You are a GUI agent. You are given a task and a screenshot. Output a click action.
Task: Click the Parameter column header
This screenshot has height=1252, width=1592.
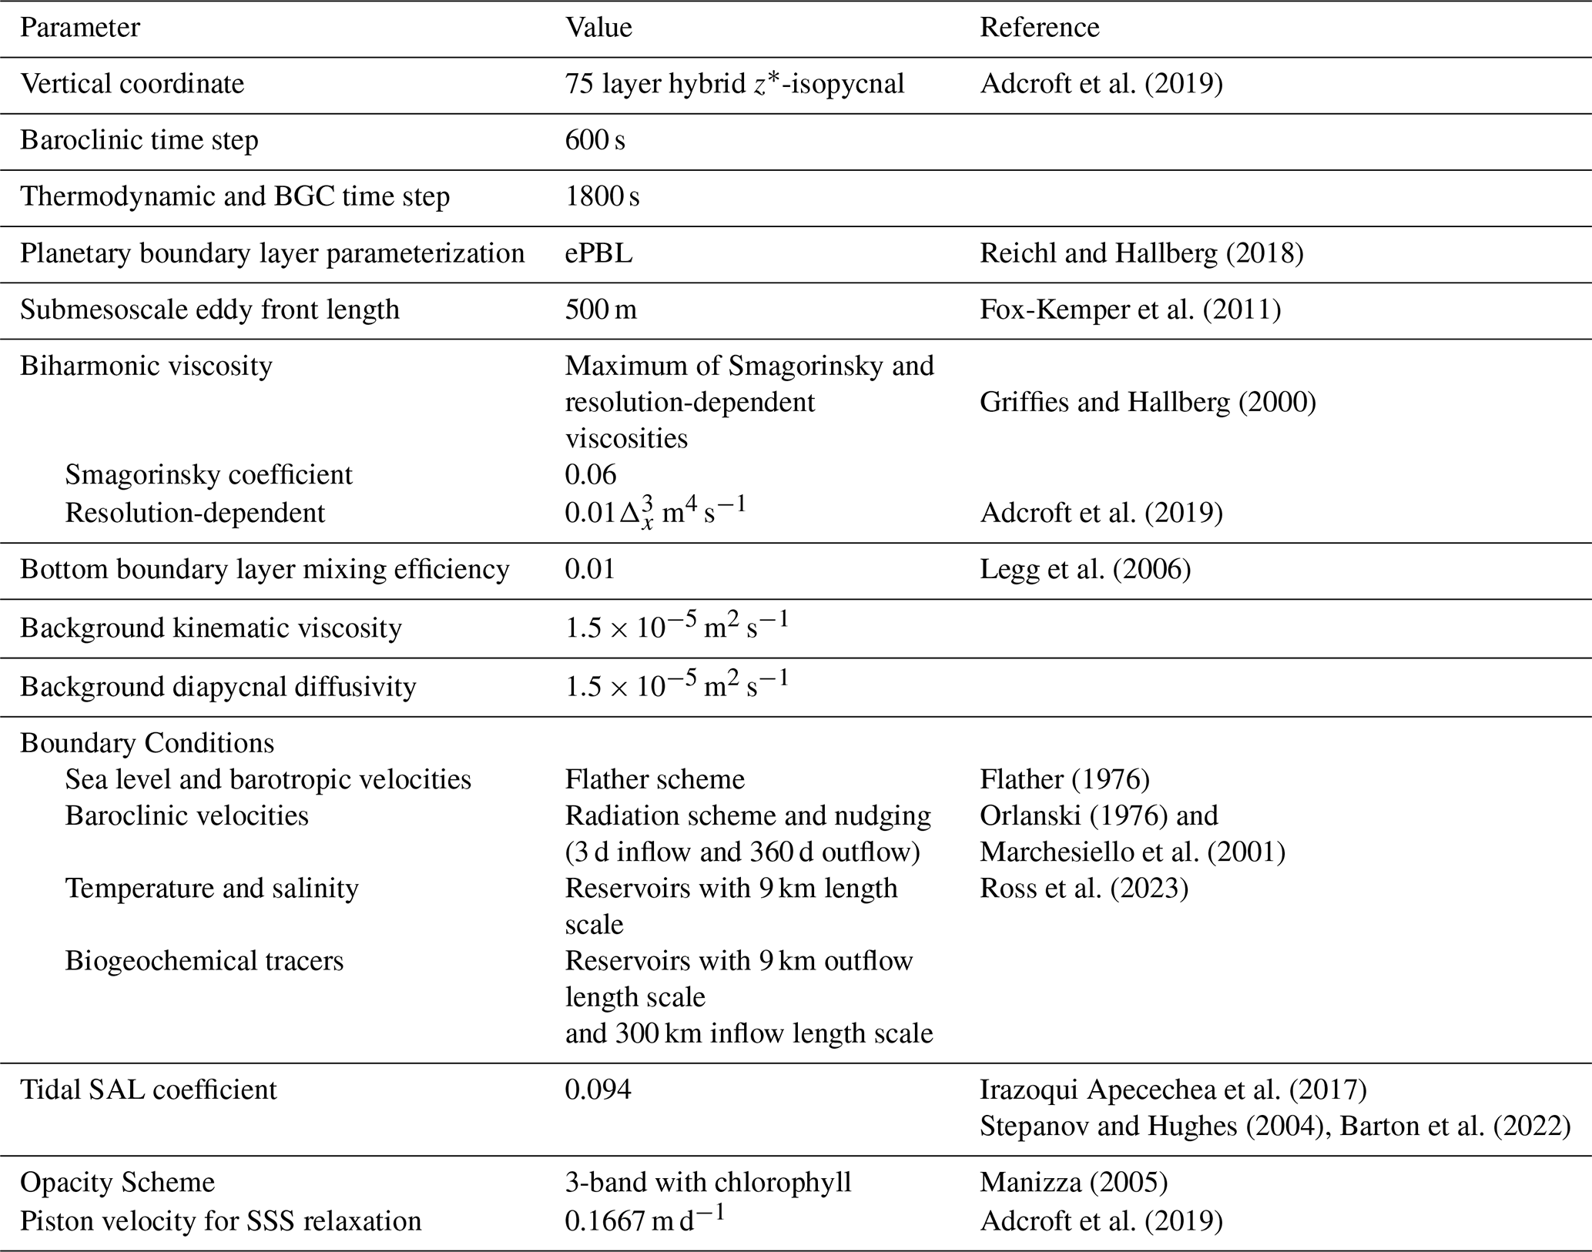click(80, 28)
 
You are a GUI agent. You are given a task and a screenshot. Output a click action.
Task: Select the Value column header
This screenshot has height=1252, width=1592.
click(598, 28)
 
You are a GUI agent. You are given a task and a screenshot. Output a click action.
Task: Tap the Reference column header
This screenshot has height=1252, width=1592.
click(1039, 28)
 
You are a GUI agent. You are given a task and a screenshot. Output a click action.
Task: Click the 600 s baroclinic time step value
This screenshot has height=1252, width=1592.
click(595, 140)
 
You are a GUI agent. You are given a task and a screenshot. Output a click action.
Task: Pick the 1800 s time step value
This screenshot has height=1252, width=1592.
click(602, 196)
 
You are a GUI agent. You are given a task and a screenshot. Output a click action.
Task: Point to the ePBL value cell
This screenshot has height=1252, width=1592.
click(598, 253)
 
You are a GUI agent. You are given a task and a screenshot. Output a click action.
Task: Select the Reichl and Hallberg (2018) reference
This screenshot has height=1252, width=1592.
click(1141, 253)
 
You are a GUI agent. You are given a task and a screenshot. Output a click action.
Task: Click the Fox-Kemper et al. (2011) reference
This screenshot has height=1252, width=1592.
click(1130, 310)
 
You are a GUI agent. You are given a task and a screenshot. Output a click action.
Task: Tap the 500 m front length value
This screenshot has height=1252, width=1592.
click(601, 310)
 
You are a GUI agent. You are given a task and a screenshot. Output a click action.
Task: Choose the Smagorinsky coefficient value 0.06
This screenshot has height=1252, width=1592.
click(591, 474)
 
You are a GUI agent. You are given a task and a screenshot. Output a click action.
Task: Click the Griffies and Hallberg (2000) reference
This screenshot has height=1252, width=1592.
click(1148, 402)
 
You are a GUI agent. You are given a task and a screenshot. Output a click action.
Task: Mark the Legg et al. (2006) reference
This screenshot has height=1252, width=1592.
click(1085, 570)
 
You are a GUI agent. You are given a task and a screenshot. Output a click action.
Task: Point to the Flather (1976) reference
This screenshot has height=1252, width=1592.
click(1064, 779)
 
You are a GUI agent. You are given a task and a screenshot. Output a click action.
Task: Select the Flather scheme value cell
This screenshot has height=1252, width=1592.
click(655, 779)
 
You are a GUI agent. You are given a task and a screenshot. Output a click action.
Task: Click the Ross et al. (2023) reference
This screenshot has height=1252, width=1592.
click(1084, 889)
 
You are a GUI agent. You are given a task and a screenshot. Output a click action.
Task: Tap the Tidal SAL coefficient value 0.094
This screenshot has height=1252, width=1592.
click(598, 1090)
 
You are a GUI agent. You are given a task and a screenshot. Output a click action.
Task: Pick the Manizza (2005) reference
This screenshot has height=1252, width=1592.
click(1074, 1183)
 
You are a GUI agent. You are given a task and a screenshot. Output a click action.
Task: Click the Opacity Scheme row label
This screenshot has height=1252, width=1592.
click(117, 1183)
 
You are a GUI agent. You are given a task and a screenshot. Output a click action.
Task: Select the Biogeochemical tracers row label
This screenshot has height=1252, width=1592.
click(204, 961)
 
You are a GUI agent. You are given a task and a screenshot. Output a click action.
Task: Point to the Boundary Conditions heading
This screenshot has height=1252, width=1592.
click(147, 743)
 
